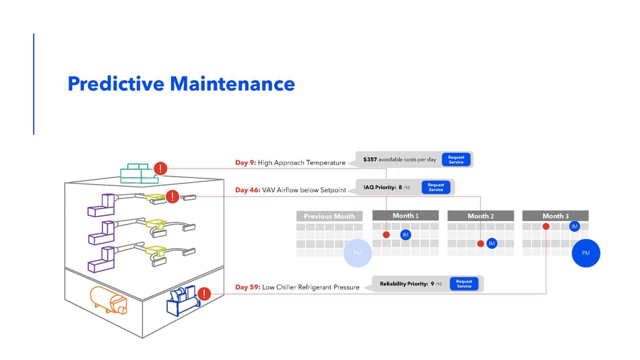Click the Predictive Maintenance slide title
coord(181,84)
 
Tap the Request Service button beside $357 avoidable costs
coord(456,160)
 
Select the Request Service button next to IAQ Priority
coord(436,187)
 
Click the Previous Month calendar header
coord(329,216)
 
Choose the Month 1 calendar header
coord(406,216)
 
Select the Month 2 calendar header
coord(480,216)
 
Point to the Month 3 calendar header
coord(555,216)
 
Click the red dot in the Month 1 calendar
coord(386,235)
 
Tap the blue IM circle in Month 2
coord(492,243)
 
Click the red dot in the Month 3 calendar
coord(546,227)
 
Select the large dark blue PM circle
coord(585,253)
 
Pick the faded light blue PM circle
coord(357,253)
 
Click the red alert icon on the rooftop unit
coord(160,169)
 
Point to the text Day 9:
coord(245,162)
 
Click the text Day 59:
coord(247,287)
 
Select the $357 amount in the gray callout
coord(370,160)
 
